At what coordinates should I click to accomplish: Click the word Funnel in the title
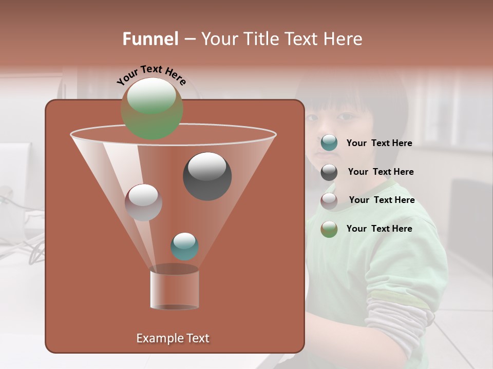(150, 39)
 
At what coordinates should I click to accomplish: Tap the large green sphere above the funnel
(151, 109)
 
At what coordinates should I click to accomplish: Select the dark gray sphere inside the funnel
(207, 176)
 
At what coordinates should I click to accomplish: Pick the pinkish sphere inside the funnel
(143, 202)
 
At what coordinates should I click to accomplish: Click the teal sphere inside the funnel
(184, 247)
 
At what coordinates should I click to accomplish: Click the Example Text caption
(173, 338)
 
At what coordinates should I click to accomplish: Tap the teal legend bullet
(329, 143)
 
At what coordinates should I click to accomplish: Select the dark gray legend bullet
(329, 172)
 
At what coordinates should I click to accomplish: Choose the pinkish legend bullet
(329, 201)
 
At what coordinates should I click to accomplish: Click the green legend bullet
(329, 229)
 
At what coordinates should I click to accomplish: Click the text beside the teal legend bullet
(379, 143)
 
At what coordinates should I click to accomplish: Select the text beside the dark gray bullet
(381, 172)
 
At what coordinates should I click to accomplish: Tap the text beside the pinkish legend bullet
(382, 200)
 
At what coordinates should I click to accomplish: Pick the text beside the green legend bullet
(379, 229)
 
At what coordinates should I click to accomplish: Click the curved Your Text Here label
(151, 74)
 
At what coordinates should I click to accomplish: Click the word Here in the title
(343, 39)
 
